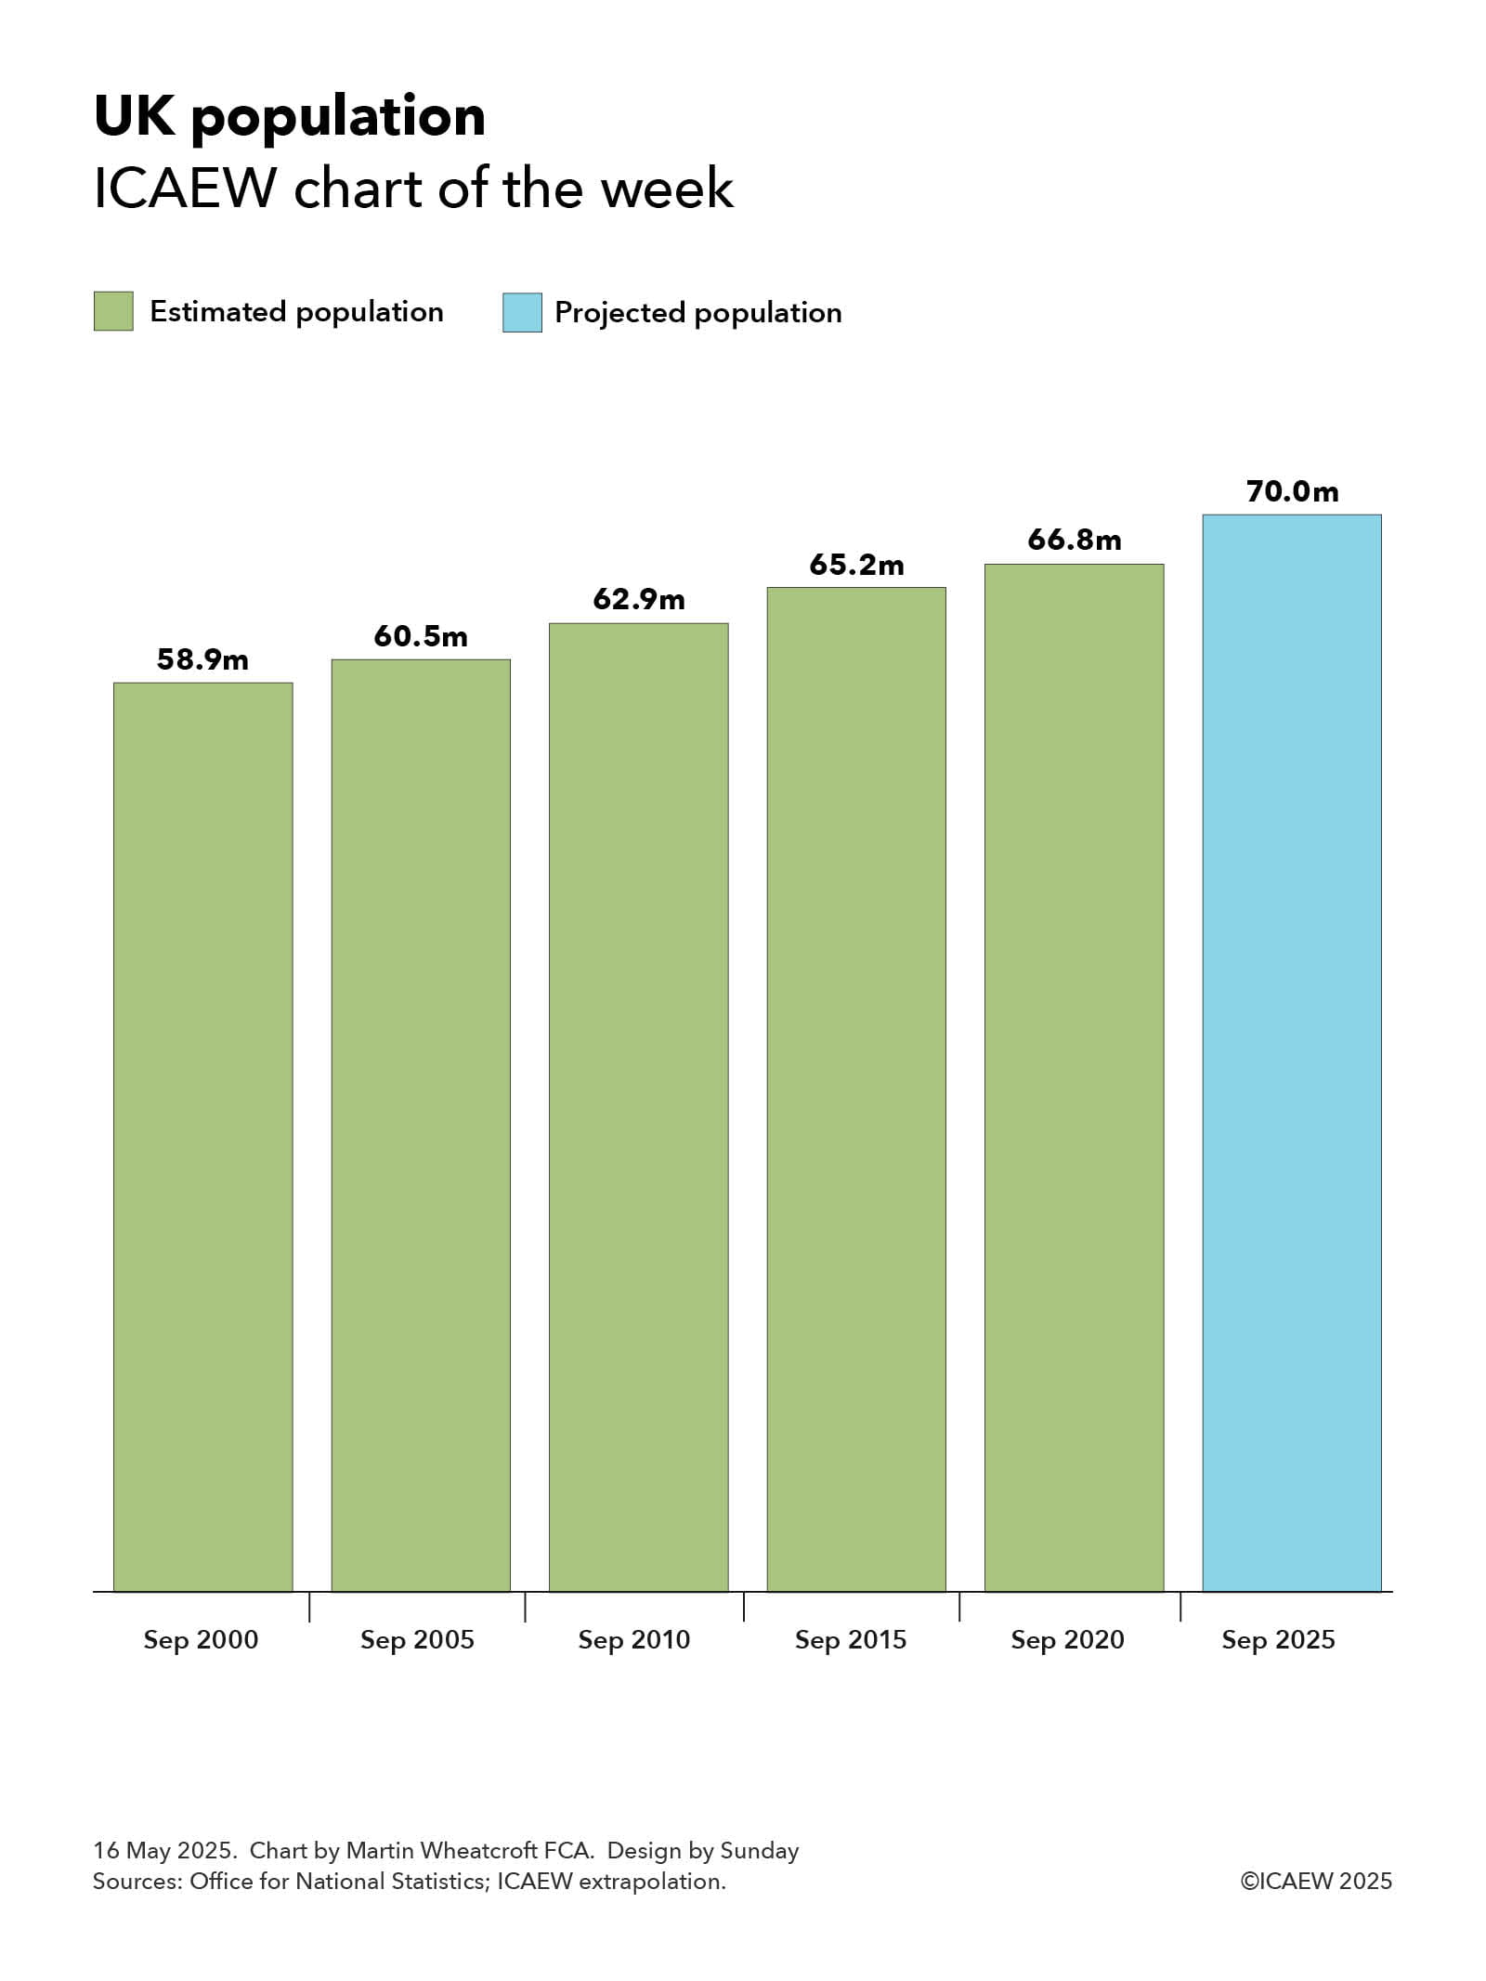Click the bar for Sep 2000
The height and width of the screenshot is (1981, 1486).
pyautogui.click(x=202, y=1137)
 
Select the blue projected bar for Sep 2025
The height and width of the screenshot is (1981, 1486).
pyautogui.click(x=1291, y=1053)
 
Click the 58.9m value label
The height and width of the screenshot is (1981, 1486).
pyautogui.click(x=202, y=659)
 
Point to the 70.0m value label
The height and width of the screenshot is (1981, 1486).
pyautogui.click(x=1292, y=491)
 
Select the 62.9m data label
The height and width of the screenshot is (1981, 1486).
pyautogui.click(x=639, y=599)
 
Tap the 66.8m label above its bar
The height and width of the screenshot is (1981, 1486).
pyautogui.click(x=1074, y=540)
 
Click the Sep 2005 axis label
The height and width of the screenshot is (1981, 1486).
pyautogui.click(x=417, y=1640)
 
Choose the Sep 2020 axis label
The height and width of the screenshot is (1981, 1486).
pyautogui.click(x=1067, y=1640)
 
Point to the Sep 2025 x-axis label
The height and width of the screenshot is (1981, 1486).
pyautogui.click(x=1278, y=1640)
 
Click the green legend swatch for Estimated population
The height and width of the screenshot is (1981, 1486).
pyautogui.click(x=113, y=311)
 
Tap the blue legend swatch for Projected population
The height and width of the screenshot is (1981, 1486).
pyautogui.click(x=522, y=312)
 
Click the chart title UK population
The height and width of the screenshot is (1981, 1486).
pyautogui.click(x=290, y=117)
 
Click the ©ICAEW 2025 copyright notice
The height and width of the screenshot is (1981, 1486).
pyautogui.click(x=1316, y=1882)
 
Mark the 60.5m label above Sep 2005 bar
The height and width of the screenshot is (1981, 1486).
pyautogui.click(x=421, y=636)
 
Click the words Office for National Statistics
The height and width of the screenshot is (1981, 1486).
pyautogui.click(x=339, y=1882)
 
